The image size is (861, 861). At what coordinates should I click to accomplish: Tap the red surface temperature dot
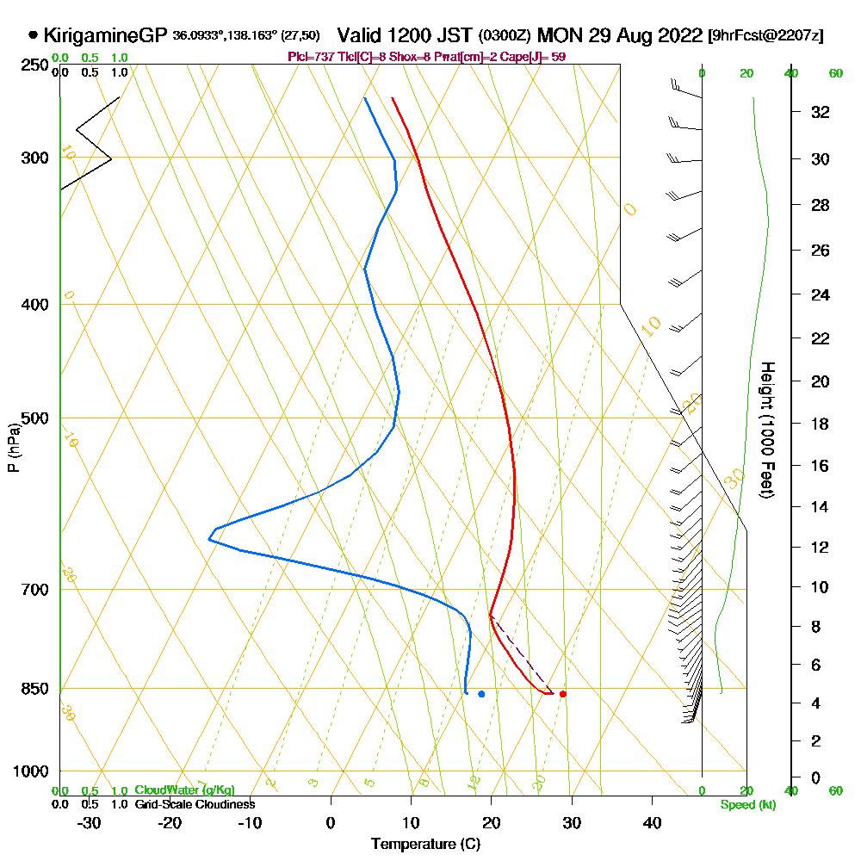click(563, 694)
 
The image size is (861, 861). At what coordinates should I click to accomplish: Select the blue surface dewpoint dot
click(481, 694)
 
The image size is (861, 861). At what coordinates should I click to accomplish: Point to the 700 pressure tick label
click(35, 590)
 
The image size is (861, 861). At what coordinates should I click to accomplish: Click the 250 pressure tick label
click(35, 65)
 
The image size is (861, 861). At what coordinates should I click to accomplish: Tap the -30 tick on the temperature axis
click(90, 823)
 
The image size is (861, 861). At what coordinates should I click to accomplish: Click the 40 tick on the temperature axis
click(653, 823)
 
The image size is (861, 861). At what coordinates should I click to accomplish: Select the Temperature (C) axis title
click(425, 845)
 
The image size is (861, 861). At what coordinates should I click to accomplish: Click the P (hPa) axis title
click(13, 448)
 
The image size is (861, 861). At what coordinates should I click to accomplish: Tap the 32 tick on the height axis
click(821, 112)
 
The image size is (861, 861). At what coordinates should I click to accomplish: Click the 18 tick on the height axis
click(821, 424)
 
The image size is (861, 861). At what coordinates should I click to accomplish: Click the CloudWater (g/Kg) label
click(184, 790)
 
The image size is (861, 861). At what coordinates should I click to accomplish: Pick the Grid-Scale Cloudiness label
click(195, 804)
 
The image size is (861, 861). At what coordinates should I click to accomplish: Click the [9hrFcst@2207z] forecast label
click(765, 36)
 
